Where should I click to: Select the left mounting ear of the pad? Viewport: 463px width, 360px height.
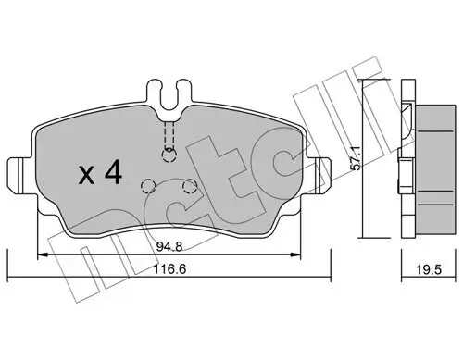pos(20,173)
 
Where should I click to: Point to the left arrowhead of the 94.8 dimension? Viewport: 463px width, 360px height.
pos(41,256)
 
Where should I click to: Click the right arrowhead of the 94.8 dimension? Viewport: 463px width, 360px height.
pos(297,256)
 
